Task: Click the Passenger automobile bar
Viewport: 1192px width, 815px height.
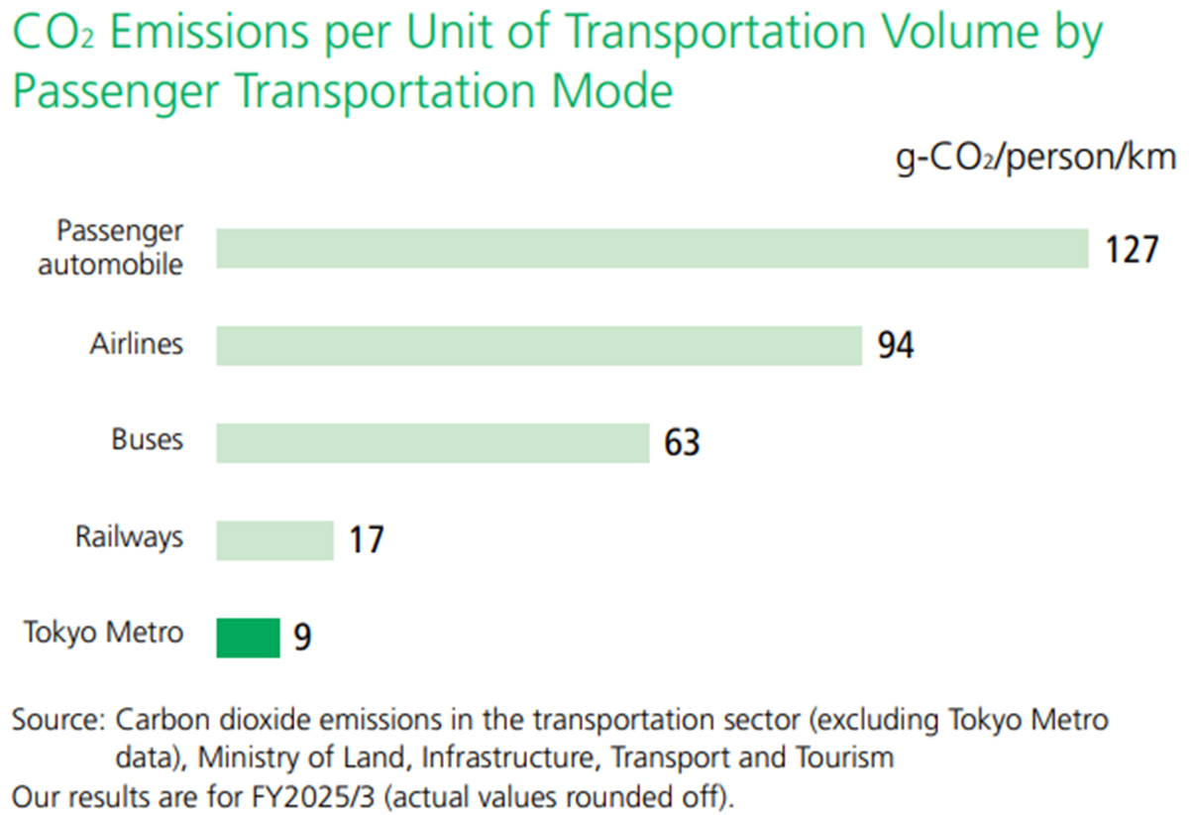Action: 652,248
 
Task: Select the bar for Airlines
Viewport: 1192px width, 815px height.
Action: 539,345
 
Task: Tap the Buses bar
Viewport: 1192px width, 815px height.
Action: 432,442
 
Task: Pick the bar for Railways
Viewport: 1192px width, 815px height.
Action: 275,539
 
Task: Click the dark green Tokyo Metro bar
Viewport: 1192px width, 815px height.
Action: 249,637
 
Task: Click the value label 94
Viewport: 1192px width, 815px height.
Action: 895,346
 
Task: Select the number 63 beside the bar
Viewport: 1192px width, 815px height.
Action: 682,443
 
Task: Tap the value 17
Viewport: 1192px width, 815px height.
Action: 365,540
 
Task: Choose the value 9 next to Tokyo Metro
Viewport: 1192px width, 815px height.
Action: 302,638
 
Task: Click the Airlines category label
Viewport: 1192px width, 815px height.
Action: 137,343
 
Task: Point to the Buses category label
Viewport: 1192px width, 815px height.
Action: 148,439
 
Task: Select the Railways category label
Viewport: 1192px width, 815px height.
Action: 130,536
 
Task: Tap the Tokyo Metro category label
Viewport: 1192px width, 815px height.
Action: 104,633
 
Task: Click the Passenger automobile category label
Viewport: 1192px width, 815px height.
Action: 119,248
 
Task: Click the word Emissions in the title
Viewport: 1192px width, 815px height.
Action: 214,37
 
